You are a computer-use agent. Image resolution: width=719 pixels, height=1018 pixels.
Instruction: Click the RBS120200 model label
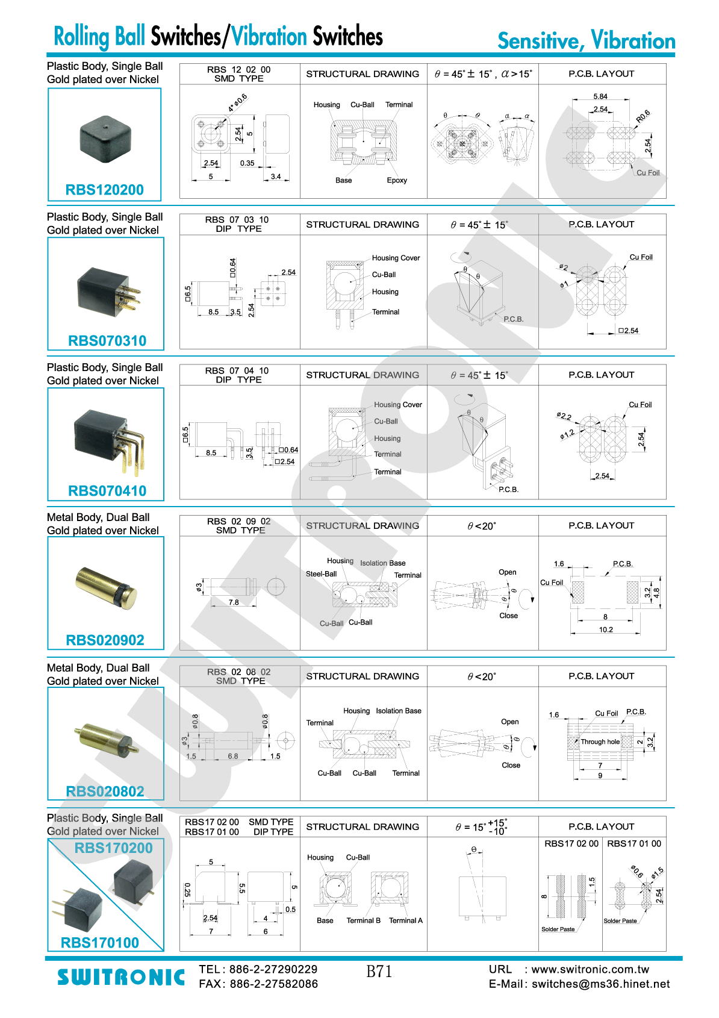[x=104, y=190]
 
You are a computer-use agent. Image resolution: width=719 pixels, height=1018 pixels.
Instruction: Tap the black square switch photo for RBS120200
[x=105, y=138]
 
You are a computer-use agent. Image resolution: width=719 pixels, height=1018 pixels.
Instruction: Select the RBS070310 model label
[x=107, y=340]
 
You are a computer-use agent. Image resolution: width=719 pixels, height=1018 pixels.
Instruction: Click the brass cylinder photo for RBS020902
[x=106, y=588]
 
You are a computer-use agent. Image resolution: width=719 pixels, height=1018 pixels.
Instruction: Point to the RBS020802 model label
[x=105, y=792]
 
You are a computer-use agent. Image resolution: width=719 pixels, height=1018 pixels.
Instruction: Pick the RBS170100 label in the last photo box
[x=100, y=943]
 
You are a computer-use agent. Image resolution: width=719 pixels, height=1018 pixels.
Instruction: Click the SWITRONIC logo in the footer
[x=121, y=977]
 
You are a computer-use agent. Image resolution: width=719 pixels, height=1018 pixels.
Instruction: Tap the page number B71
[x=379, y=972]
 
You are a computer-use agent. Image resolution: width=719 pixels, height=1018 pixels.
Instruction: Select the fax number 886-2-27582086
[x=274, y=984]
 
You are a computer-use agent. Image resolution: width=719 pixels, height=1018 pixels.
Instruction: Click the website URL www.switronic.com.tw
[x=590, y=969]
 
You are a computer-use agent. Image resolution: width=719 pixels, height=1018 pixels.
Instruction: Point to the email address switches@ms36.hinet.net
[x=600, y=984]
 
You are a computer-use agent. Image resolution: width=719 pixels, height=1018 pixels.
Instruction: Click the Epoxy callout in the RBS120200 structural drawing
[x=396, y=181]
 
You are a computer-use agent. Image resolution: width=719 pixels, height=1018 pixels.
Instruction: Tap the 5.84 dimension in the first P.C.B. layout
[x=600, y=96]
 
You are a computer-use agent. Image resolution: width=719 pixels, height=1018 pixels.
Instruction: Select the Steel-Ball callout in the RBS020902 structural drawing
[x=321, y=574]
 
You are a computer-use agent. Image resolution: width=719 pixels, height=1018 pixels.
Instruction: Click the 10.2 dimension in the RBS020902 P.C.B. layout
[x=606, y=629]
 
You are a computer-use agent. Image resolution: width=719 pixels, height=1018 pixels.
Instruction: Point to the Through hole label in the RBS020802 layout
[x=600, y=742]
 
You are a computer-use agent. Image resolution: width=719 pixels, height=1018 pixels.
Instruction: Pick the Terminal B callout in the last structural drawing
[x=363, y=920]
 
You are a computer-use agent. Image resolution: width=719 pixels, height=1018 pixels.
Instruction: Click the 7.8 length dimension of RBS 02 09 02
[x=234, y=602]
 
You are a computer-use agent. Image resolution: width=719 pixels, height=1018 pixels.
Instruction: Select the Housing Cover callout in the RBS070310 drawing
[x=396, y=258]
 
